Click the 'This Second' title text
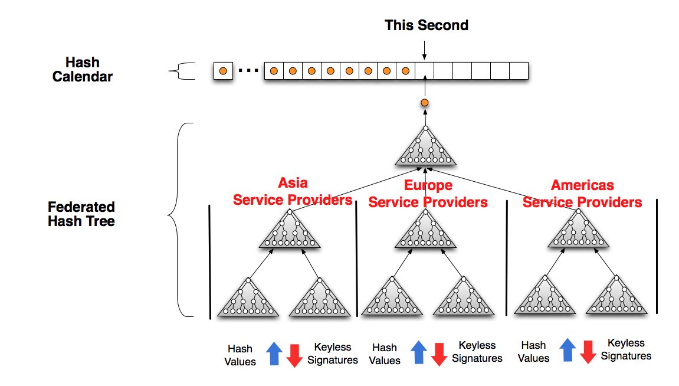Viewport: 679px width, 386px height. coord(427,25)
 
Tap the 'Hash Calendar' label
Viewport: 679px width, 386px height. coord(82,69)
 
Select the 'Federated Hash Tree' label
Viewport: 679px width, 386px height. coord(81,214)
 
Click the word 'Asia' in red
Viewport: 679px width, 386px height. coord(293,182)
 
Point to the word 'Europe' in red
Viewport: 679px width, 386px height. coord(428,185)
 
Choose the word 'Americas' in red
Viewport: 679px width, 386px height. coord(582,185)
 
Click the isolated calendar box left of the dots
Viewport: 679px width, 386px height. coord(223,71)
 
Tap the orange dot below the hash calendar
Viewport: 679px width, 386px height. coord(425,103)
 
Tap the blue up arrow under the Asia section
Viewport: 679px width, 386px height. coord(274,353)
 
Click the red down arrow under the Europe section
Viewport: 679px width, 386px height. coord(439,354)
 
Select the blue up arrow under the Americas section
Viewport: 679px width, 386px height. coord(568,349)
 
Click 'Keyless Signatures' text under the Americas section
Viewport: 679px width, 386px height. coord(626,349)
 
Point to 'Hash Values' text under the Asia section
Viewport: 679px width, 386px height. coord(240,355)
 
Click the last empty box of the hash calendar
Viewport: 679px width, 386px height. coord(519,71)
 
